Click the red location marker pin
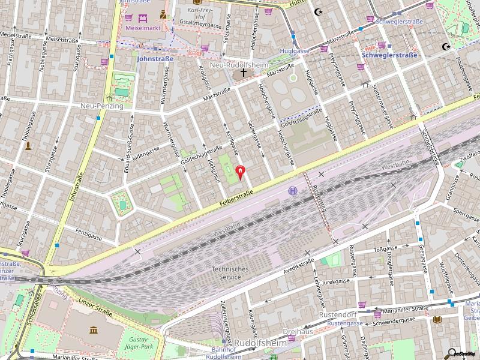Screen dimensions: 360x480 [241, 173]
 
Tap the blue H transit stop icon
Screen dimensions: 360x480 [293, 191]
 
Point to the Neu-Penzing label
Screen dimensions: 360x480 [101, 106]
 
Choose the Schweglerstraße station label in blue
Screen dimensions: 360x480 [389, 55]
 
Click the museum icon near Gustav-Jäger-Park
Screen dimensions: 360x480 [94, 330]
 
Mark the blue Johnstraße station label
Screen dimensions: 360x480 [155, 59]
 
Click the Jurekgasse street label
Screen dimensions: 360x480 [336, 281]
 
